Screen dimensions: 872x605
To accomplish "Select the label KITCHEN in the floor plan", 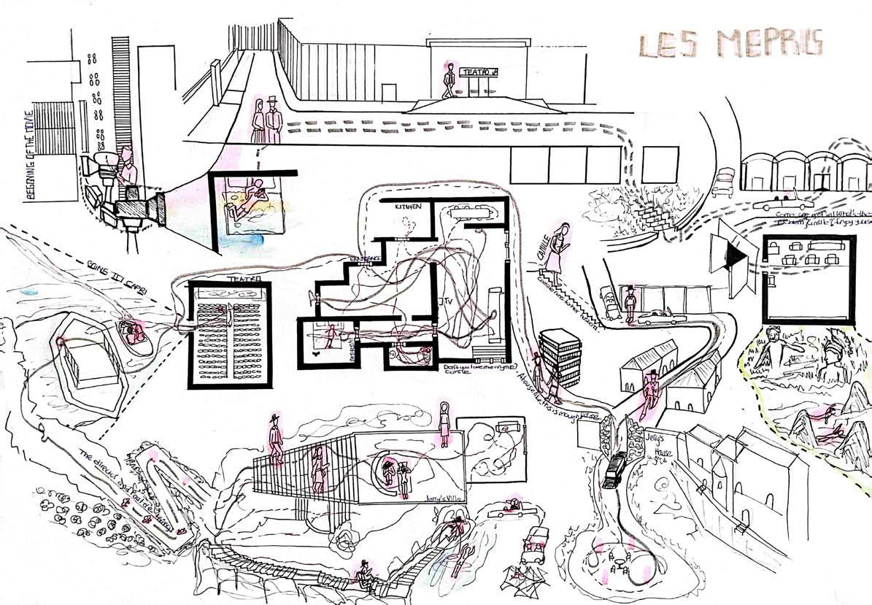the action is (408, 207).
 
